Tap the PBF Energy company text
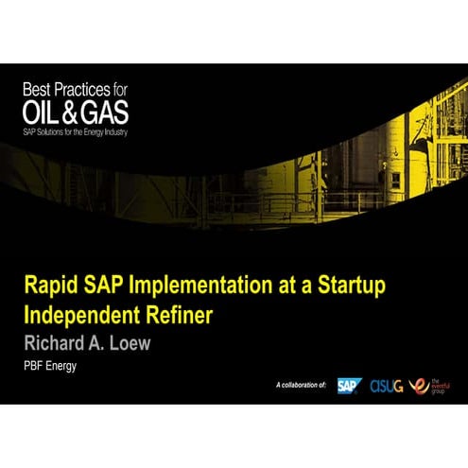pos(49,365)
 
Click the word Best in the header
pos(40,91)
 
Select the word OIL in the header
pos(43,112)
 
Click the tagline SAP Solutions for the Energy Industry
pos(76,130)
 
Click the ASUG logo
pos(386,385)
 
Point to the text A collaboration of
pos(301,387)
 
